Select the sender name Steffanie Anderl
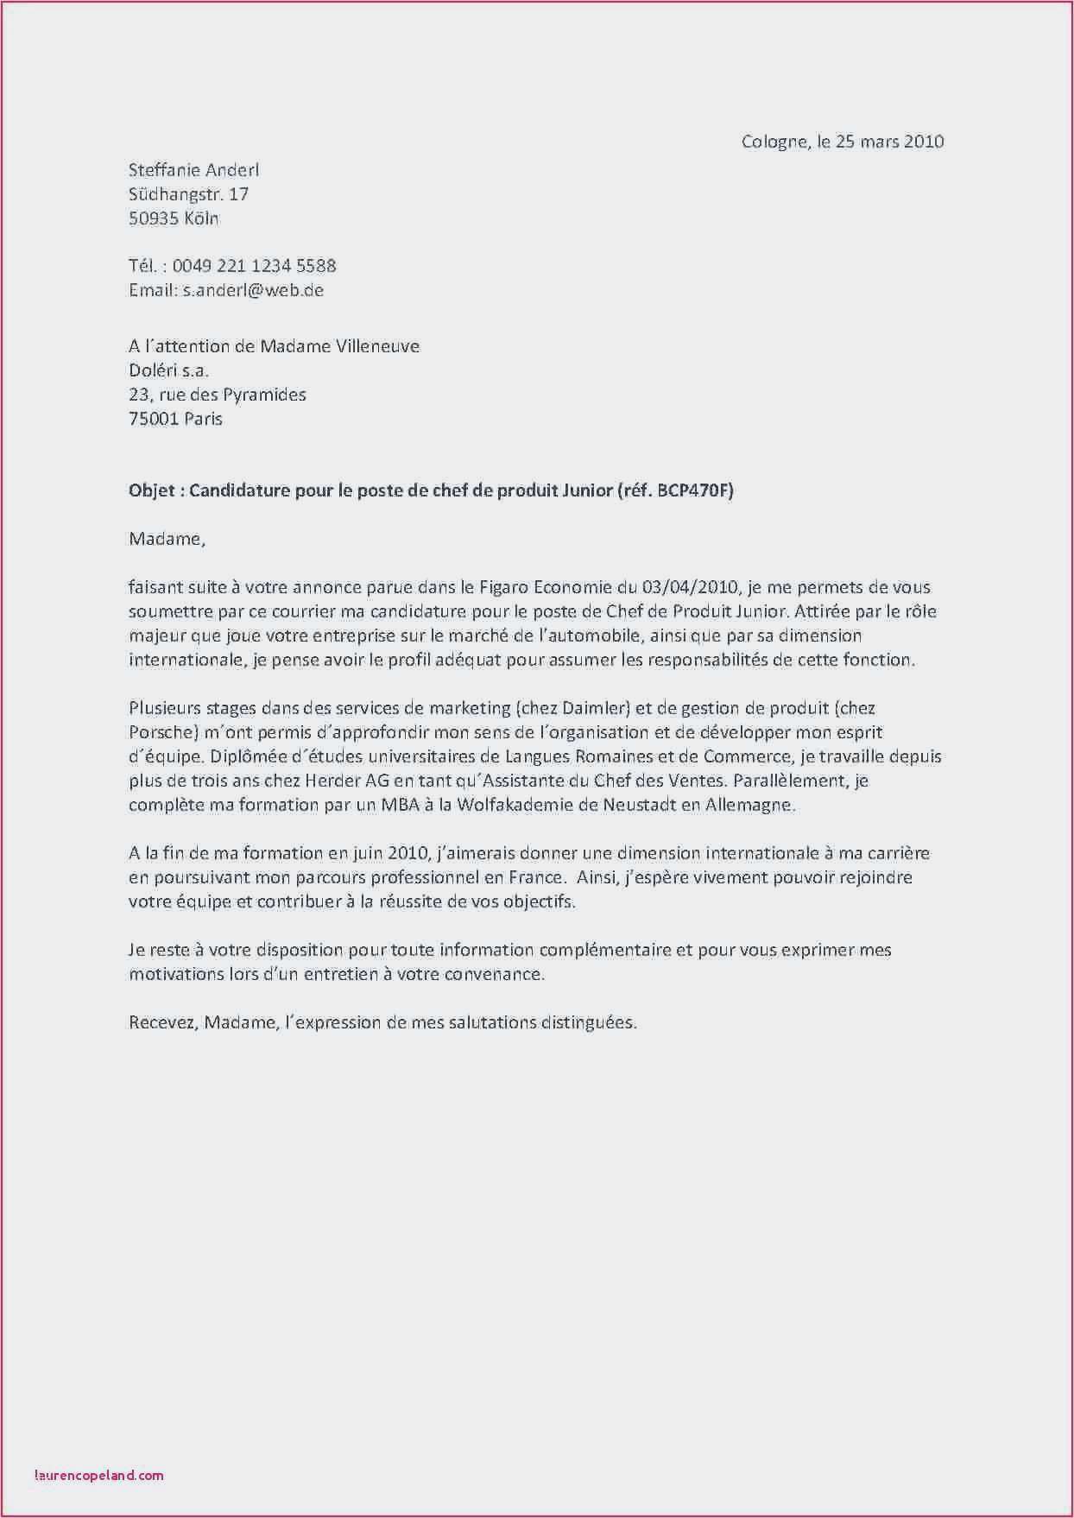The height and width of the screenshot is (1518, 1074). [193, 170]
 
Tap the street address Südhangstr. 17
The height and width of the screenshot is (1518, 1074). [188, 194]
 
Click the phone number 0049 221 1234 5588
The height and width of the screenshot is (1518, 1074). [254, 266]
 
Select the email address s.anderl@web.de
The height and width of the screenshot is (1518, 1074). [253, 290]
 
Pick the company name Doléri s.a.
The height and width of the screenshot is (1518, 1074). [168, 370]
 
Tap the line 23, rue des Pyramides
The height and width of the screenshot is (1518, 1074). [217, 395]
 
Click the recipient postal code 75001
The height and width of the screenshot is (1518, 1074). [154, 419]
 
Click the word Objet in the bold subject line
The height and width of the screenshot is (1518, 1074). [151, 491]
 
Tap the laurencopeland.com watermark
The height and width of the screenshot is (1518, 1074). [99, 1475]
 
